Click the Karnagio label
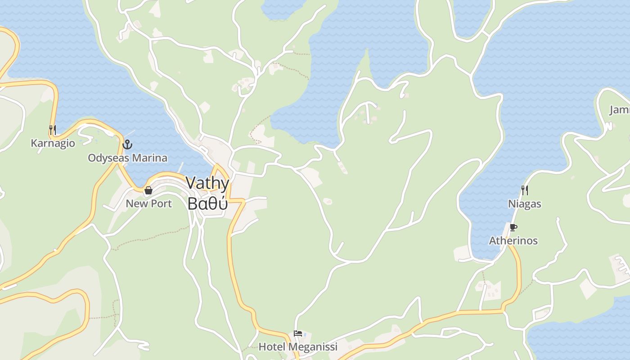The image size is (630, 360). tap(53, 143)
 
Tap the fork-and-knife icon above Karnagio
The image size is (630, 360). tap(53, 130)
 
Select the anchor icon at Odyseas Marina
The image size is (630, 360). tap(127, 144)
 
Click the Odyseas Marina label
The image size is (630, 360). tap(127, 158)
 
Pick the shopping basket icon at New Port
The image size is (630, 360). tap(148, 190)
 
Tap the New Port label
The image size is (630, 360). tap(148, 203)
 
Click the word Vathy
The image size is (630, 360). tap(207, 183)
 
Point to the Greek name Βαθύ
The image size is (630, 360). tap(207, 203)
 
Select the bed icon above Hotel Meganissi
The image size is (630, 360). tap(298, 333)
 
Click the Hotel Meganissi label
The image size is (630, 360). tap(298, 347)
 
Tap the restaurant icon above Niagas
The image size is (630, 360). tap(524, 190)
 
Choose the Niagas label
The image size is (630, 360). tap(524, 204)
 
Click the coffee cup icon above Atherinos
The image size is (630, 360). tap(513, 227)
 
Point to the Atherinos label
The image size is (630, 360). tap(513, 241)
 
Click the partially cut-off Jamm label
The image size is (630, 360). tap(620, 110)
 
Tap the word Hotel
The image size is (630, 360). tap(272, 347)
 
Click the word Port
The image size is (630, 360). tap(161, 203)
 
